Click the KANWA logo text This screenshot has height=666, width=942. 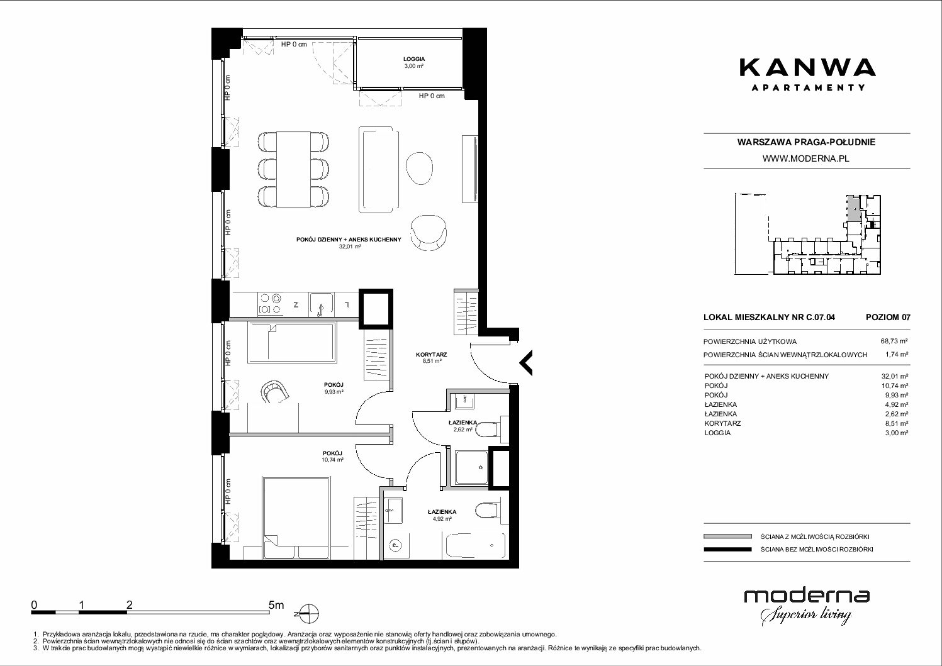(808, 69)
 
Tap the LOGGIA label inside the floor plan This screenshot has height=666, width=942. (414, 59)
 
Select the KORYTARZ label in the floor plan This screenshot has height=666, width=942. (432, 354)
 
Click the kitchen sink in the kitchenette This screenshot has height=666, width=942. (322, 304)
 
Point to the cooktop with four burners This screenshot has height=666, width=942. (271, 304)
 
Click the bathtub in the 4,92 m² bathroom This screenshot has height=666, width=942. (474, 546)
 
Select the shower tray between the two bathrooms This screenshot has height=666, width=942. (471, 467)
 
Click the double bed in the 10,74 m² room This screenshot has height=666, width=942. (295, 518)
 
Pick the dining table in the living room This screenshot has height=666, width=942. (293, 169)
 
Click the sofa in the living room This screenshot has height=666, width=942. (378, 170)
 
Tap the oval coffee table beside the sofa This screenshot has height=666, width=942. (419, 168)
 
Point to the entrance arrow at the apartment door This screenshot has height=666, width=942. (526, 362)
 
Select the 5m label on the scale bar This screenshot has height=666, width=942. (276, 604)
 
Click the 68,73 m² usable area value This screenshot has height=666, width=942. (894, 341)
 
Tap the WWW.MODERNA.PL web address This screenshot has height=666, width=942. (805, 158)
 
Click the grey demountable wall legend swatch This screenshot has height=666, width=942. (727, 536)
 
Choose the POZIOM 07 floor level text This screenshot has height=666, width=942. (888, 317)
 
